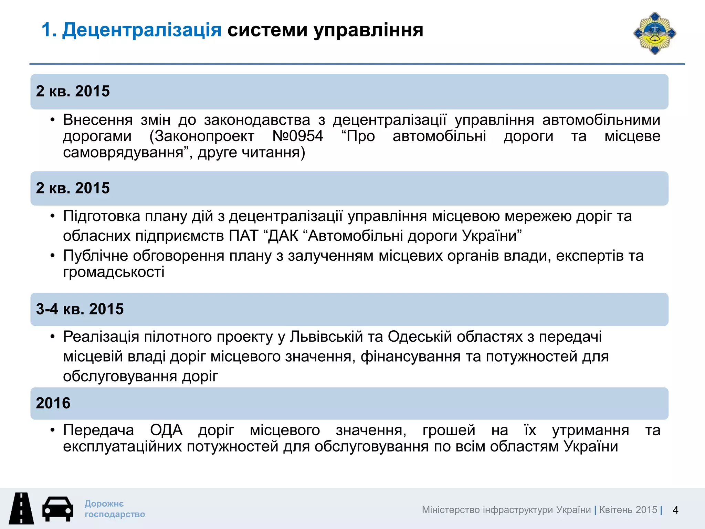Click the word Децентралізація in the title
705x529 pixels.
(x=141, y=30)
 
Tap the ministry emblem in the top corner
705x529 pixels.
(x=655, y=33)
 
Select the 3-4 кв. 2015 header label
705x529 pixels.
(x=80, y=309)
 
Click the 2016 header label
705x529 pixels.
(x=53, y=403)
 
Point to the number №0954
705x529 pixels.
(x=298, y=136)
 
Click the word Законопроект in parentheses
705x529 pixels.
(x=202, y=136)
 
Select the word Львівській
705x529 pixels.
(x=326, y=336)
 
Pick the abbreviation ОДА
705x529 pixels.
(x=166, y=430)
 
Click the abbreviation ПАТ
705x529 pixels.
(x=243, y=236)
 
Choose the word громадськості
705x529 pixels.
(x=114, y=272)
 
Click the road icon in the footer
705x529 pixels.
(x=21, y=508)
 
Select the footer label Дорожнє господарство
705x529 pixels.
(x=115, y=509)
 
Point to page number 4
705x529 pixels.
(x=675, y=510)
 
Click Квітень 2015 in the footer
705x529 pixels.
(x=628, y=510)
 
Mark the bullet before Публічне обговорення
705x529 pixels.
(x=52, y=256)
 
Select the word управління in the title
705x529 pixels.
(x=368, y=30)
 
